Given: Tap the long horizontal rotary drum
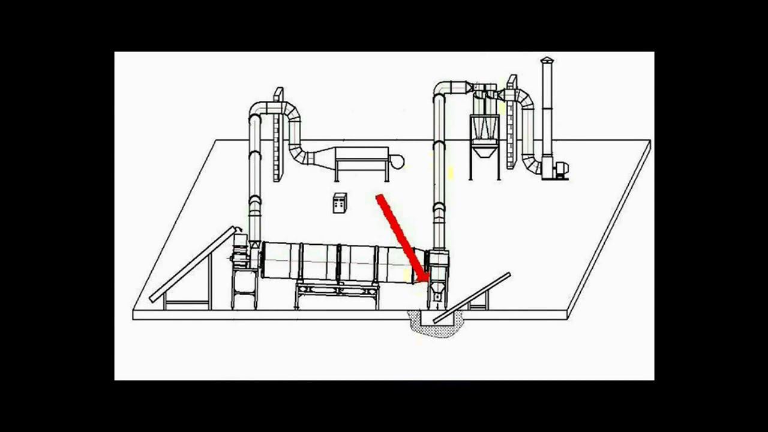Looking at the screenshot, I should click(336, 262).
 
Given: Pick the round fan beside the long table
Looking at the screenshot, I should click(397, 161).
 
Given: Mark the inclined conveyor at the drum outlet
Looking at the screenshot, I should click(472, 298).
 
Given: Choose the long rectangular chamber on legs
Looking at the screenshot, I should click(361, 158).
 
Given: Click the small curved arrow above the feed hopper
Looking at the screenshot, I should click(239, 230).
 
